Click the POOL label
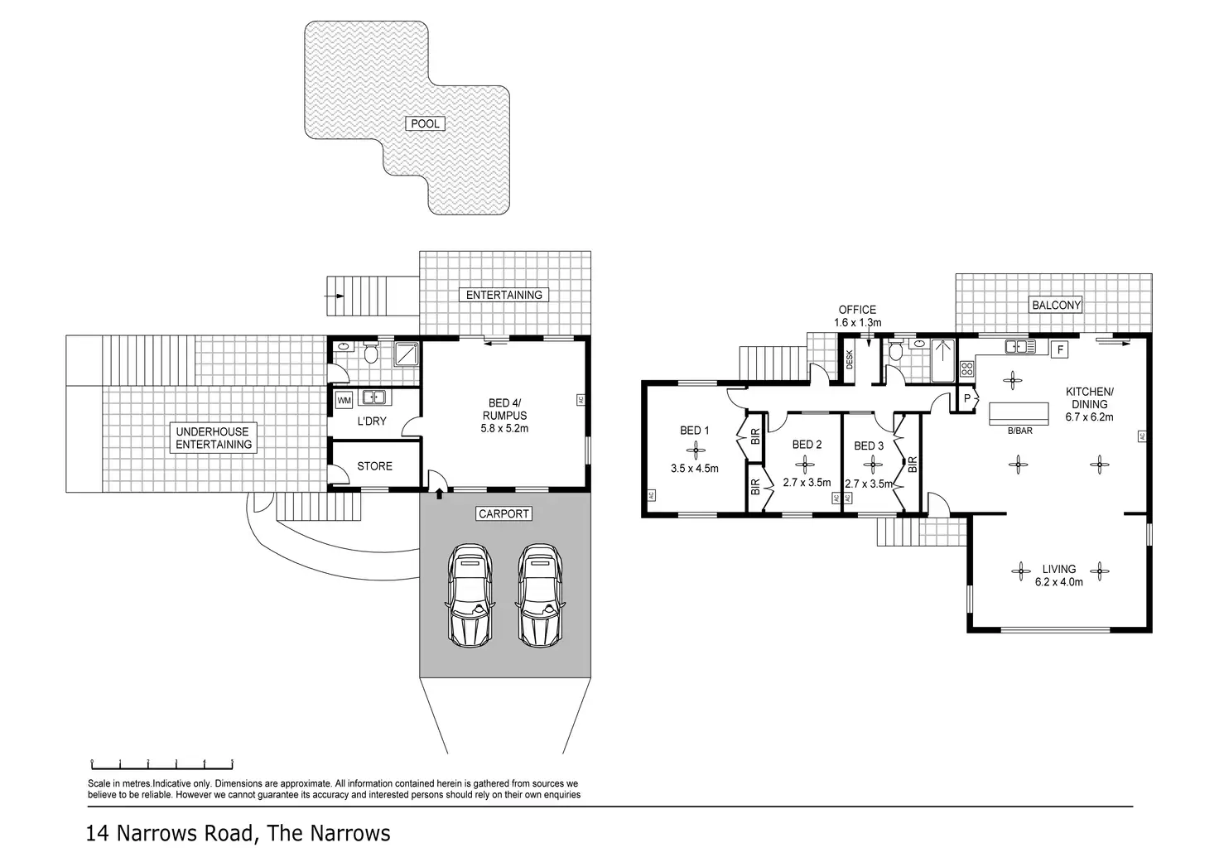pyautogui.click(x=426, y=124)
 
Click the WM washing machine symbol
pyautogui.click(x=344, y=401)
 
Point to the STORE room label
pyautogui.click(x=374, y=466)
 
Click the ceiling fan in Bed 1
pyautogui.click(x=695, y=450)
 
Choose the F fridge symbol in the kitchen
pyautogui.click(x=1061, y=350)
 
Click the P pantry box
pyautogui.click(x=966, y=398)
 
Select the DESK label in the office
pyautogui.click(x=849, y=359)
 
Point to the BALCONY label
pyautogui.click(x=1056, y=305)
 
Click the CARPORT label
pyautogui.click(x=503, y=513)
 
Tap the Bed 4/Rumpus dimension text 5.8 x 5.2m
pyautogui.click(x=504, y=428)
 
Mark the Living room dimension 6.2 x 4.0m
pyautogui.click(x=1058, y=581)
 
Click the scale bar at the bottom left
pyautogui.click(x=161, y=762)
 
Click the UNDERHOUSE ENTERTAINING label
pyautogui.click(x=213, y=438)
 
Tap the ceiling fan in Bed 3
pyautogui.click(x=869, y=464)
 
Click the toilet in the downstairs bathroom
pyautogui.click(x=372, y=354)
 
